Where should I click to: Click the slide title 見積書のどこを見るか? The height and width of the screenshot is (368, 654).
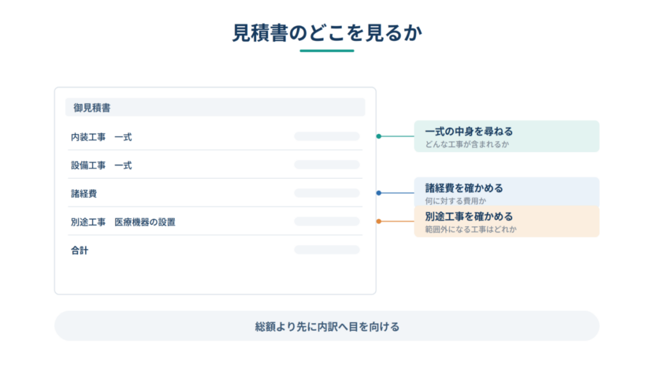pos(327,33)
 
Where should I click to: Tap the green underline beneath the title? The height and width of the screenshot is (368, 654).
pos(327,51)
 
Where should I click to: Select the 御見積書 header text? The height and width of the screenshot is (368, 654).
pos(92,107)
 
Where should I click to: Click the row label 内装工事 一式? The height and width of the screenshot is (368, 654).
pos(102,137)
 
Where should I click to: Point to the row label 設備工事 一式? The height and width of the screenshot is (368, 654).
pos(102,165)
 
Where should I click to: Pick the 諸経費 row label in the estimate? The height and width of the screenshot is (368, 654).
pos(84,194)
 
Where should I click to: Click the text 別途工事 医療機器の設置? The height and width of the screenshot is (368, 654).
pos(123,222)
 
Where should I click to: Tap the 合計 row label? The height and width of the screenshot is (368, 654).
pos(79,250)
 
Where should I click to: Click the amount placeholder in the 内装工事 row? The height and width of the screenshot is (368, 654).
pos(327,137)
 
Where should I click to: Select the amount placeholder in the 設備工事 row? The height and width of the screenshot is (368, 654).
pos(327,165)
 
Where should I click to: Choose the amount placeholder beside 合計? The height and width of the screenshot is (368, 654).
pos(327,250)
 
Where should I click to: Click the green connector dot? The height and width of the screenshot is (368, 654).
pos(379,137)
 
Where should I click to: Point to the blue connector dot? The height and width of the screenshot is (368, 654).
pos(379,193)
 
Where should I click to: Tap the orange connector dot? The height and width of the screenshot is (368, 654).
pos(379,222)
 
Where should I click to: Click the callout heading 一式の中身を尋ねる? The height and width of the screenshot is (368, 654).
pos(469,132)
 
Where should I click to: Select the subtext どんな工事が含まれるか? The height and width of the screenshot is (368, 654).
pos(467,144)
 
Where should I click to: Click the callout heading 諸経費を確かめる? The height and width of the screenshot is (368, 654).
pos(464,188)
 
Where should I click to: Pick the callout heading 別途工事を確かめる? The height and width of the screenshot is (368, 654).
pos(469,217)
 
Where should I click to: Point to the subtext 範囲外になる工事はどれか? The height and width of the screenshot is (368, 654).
pos(471,229)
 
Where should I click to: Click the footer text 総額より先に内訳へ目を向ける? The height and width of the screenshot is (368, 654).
pos(327,326)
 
